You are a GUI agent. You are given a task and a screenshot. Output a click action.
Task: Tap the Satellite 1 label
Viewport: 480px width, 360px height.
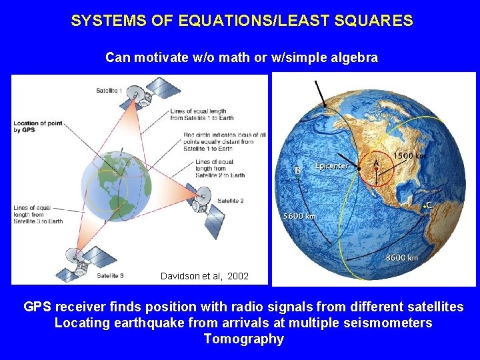click(x=109, y=91)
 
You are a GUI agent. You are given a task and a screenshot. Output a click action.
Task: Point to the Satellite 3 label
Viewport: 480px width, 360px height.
click(x=110, y=275)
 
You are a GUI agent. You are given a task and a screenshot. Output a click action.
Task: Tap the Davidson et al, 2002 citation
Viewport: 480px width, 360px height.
click(x=205, y=276)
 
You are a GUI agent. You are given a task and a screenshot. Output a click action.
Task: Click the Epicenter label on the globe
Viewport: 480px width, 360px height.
click(x=331, y=166)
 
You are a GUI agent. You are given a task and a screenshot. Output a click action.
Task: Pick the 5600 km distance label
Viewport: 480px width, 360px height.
click(x=299, y=216)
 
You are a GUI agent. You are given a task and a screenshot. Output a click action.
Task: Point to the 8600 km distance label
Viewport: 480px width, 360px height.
click(x=402, y=257)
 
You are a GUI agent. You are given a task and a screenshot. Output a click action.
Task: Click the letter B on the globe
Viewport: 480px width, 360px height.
click(x=298, y=171)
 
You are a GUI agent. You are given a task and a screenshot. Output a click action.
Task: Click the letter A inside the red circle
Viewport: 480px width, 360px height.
click(x=377, y=161)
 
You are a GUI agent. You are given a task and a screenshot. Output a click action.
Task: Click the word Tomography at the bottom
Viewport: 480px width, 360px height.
click(x=243, y=339)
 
